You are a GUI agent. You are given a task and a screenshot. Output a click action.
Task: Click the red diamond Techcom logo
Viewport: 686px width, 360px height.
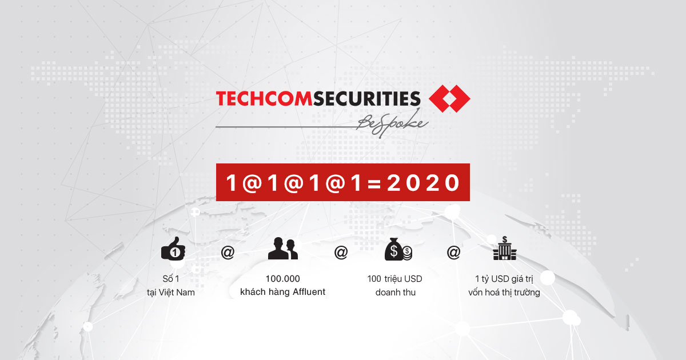[449, 98]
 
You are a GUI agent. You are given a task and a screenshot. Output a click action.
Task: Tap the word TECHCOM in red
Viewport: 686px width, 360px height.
[264, 98]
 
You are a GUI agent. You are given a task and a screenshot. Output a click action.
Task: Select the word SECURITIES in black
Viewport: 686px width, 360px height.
[366, 98]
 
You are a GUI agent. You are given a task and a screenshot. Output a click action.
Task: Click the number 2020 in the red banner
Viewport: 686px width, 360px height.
[423, 183]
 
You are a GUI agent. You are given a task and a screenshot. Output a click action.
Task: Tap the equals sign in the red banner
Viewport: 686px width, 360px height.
[374, 183]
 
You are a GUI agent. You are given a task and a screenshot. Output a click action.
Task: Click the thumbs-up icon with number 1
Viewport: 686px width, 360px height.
[173, 249]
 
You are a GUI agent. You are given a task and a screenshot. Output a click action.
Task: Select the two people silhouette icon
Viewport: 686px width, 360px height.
[282, 248]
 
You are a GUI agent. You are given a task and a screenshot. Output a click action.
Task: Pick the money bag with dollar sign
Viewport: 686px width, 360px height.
[398, 249]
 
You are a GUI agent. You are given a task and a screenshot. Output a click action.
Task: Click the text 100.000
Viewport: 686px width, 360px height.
[282, 279]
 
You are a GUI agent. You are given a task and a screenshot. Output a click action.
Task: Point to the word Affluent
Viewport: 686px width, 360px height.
[309, 292]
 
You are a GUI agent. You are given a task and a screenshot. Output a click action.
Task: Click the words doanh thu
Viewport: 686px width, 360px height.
[396, 293]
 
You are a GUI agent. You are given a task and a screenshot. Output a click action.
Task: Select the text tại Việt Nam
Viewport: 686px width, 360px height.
[171, 293]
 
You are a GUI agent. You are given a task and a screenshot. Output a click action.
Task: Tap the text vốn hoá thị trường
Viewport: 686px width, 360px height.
[504, 293]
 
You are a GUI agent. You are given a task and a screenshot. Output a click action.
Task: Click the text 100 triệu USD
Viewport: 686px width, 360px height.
[395, 279]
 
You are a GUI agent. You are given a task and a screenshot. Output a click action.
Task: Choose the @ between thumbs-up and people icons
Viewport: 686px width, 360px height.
[228, 253]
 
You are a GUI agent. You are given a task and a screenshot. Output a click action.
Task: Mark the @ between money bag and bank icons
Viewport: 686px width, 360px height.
[453, 253]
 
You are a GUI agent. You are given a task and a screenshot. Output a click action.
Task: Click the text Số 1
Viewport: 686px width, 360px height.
[171, 279]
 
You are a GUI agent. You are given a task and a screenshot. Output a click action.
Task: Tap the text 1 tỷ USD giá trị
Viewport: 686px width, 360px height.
[504, 279]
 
